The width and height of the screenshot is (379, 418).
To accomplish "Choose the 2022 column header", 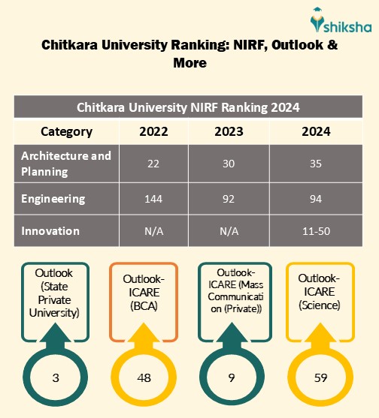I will [153, 131].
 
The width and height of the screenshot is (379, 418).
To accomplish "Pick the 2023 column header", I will [229, 131].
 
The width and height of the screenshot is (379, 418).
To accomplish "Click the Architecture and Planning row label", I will [66, 163].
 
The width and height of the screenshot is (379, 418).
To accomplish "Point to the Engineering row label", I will [53, 199].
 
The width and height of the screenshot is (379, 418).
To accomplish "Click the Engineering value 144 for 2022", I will [153, 200].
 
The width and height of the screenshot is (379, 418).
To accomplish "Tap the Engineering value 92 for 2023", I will [229, 200].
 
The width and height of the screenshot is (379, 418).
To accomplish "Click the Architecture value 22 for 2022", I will [153, 164].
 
